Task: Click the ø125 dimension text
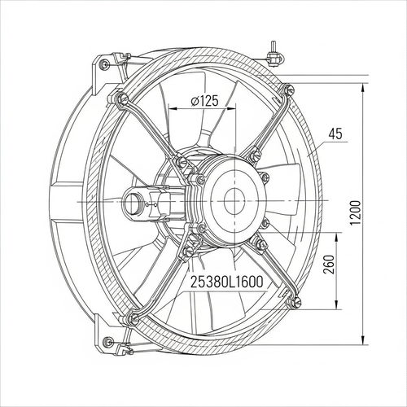tap(204, 101)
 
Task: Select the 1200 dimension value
tap(355, 212)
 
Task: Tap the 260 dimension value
tap(329, 265)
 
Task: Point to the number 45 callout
tap(335, 134)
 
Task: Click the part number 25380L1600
tap(227, 282)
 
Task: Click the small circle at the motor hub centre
tap(234, 202)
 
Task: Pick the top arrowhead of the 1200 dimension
tap(363, 89)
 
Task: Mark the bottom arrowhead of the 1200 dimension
tap(363, 339)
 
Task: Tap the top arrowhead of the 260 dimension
tap(337, 238)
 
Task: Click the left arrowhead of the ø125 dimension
tap(173, 108)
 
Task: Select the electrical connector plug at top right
tap(274, 57)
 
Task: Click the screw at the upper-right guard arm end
tap(289, 89)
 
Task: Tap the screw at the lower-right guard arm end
tap(296, 301)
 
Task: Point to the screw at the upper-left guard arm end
tap(122, 97)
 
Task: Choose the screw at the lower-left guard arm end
tap(133, 320)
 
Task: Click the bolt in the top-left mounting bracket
tap(104, 63)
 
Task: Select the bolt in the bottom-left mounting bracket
tap(109, 339)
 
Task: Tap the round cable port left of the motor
tap(133, 202)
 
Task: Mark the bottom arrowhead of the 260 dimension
tap(337, 304)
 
